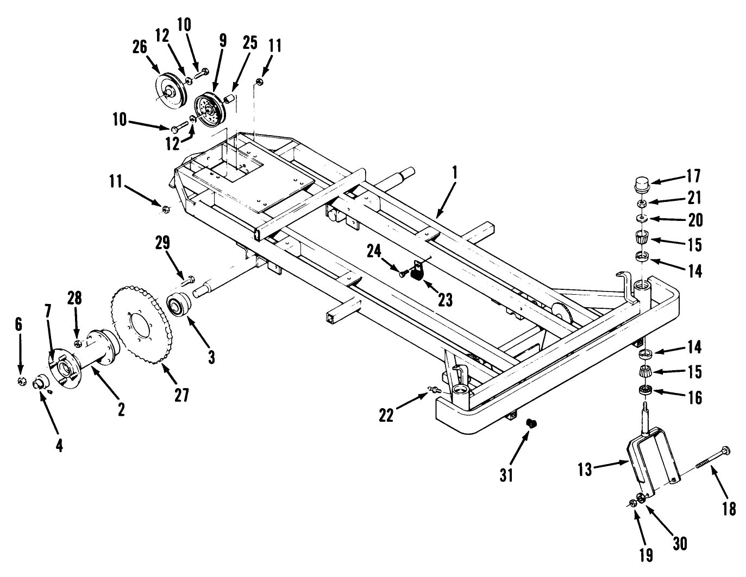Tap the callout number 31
[x=506, y=474]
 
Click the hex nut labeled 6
[x=21, y=381]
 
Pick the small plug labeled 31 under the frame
[x=531, y=423]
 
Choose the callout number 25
[x=249, y=45]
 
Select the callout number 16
[x=694, y=397]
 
